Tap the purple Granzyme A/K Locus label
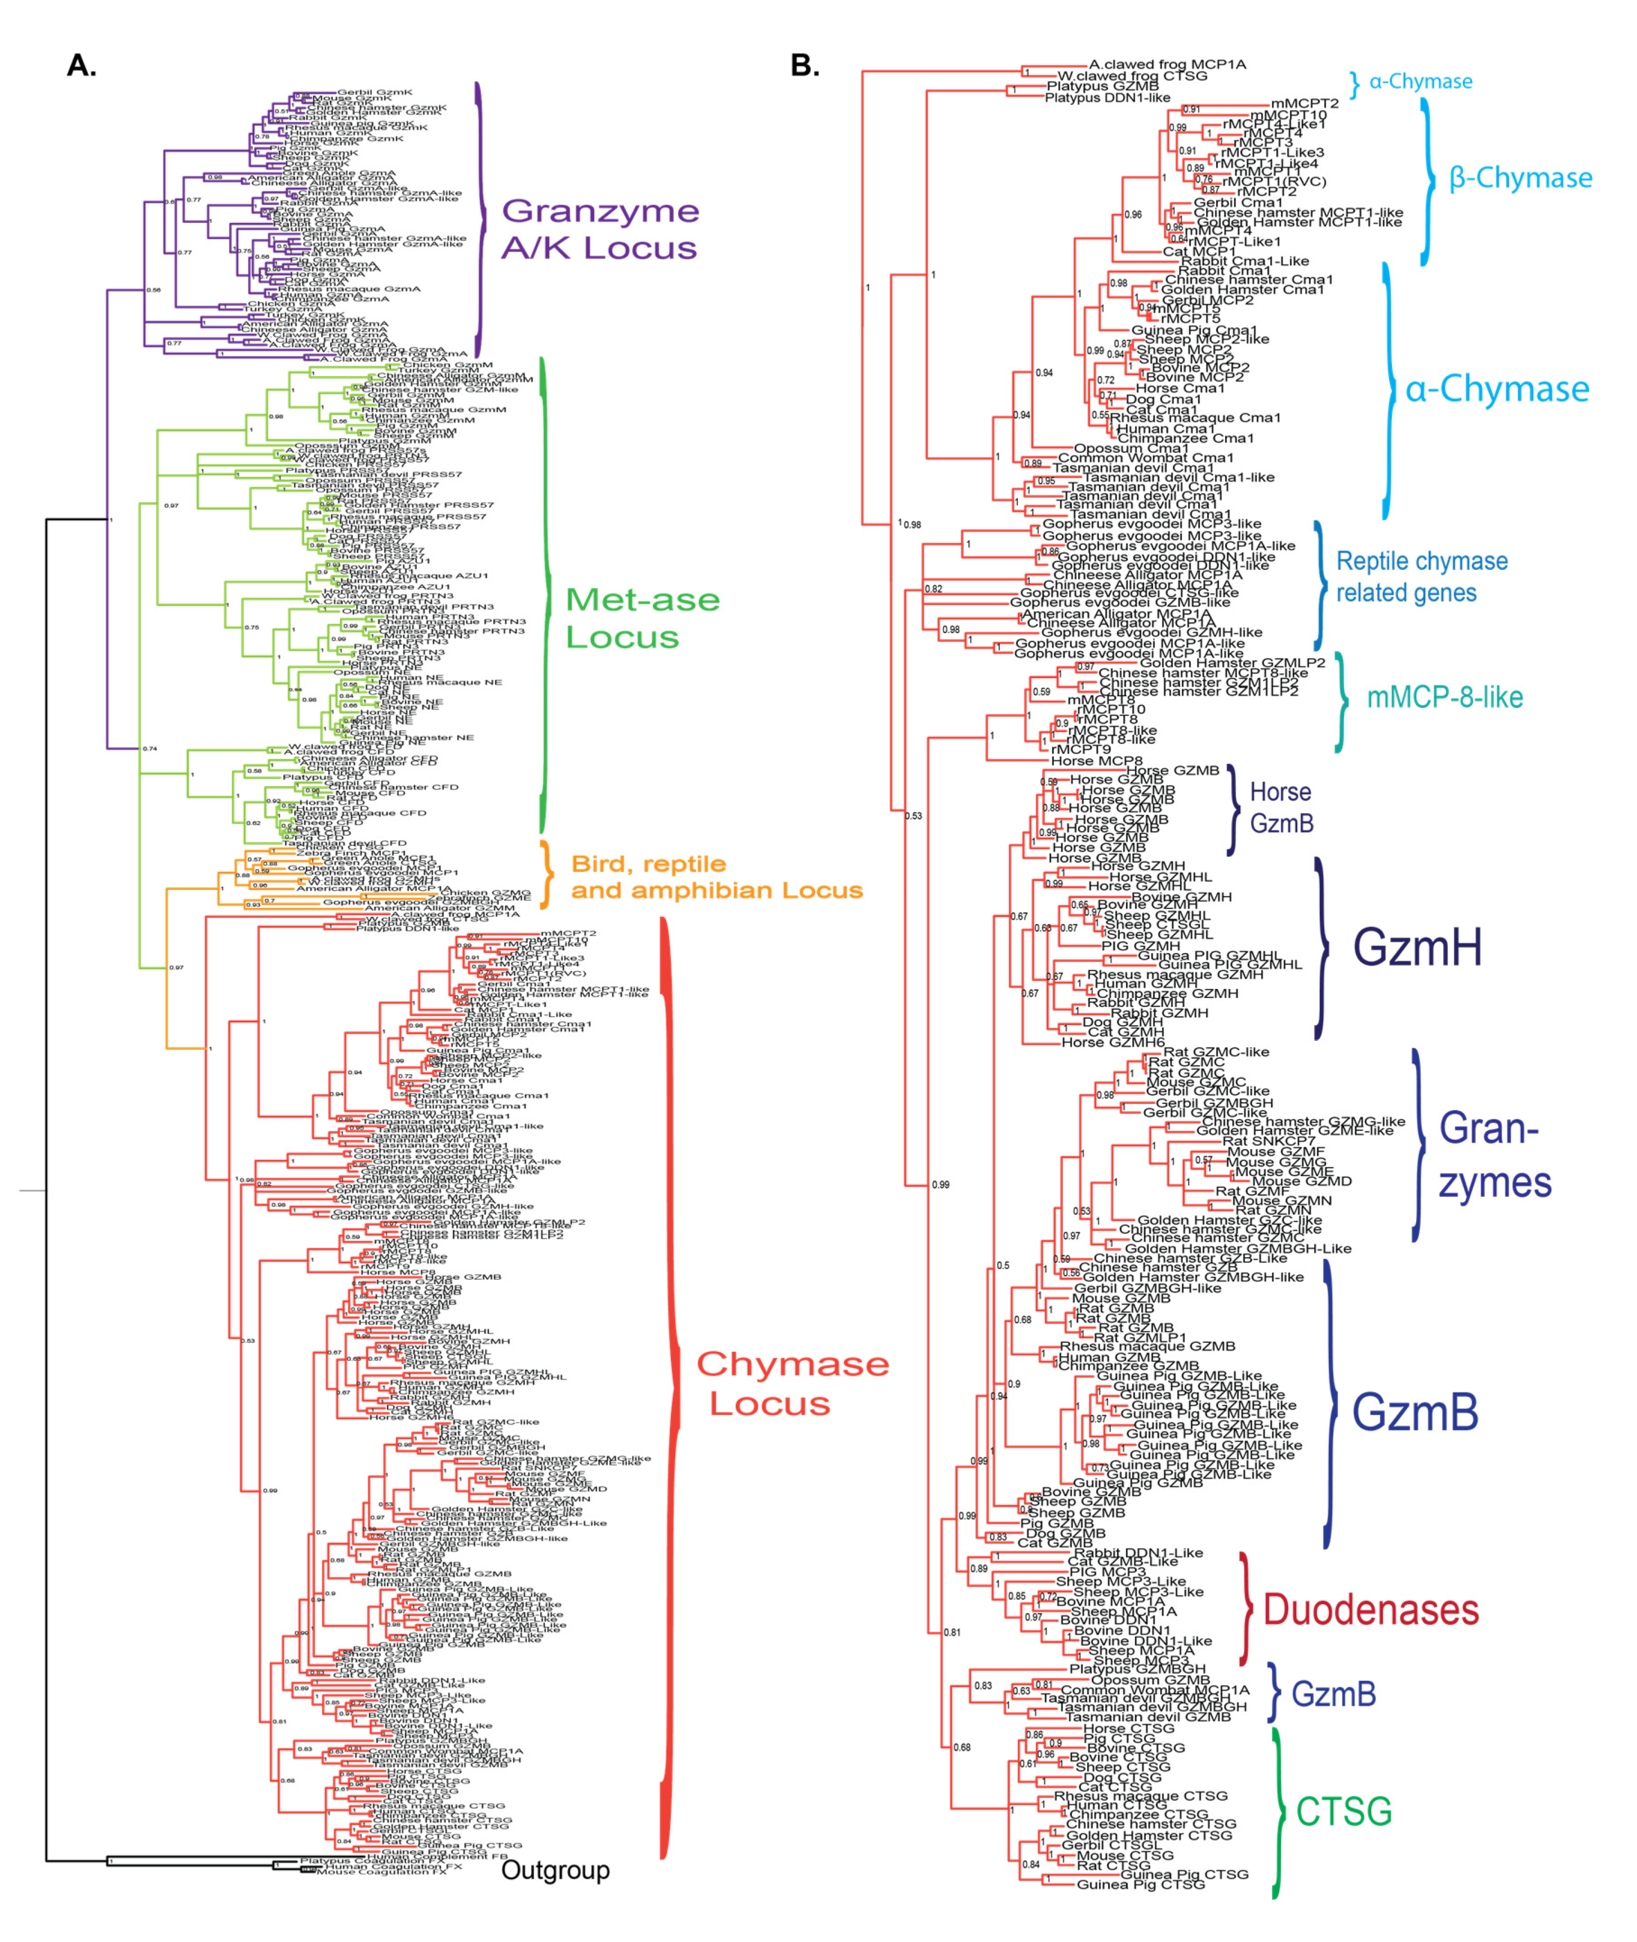point(599,229)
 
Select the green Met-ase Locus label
point(642,618)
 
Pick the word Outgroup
point(555,1870)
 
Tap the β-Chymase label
point(1520,178)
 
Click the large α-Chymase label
point(1496,389)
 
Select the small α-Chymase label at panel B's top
point(1420,82)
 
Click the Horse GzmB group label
point(1280,807)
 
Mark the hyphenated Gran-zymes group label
point(1494,1156)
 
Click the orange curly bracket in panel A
point(548,874)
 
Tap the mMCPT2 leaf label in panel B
point(1304,104)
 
